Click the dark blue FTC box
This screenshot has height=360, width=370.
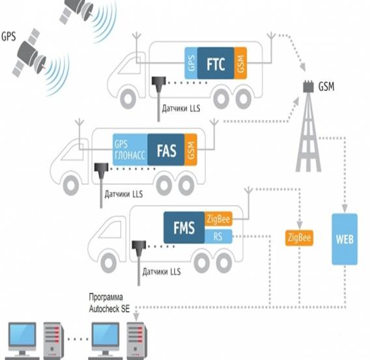[216, 63]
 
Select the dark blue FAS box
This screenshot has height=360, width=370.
[166, 150]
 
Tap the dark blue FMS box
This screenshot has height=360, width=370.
[184, 227]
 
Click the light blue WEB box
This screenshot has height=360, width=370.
[345, 239]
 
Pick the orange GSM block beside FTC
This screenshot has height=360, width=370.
[240, 63]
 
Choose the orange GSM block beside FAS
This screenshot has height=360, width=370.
[191, 150]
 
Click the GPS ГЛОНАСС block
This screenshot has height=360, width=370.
[130, 150]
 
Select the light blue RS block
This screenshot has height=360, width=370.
[218, 236]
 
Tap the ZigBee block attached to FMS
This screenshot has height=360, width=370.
[218, 219]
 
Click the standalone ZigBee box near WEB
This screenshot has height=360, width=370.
[299, 238]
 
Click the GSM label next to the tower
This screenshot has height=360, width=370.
[326, 87]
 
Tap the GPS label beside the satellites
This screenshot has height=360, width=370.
[8, 36]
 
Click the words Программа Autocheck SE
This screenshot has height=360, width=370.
[109, 303]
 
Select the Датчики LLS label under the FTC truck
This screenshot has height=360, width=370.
[181, 109]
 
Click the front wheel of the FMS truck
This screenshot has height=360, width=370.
[109, 263]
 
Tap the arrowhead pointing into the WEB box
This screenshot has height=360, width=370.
[345, 209]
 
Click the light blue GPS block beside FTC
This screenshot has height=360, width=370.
[191, 63]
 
